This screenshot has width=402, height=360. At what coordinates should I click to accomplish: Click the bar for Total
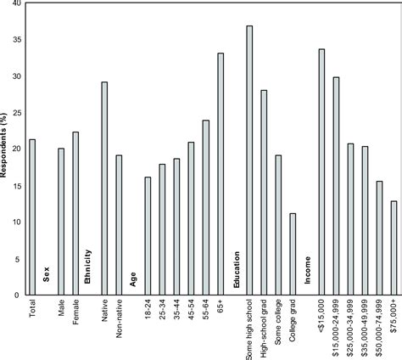pos(32,217)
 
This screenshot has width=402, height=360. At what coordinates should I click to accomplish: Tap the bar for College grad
pos(293,254)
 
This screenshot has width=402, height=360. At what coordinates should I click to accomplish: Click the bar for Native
pos(104,188)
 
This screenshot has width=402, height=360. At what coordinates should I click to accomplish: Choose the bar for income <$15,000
pos(321,172)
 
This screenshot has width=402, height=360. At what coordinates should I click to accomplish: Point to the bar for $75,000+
pos(394,247)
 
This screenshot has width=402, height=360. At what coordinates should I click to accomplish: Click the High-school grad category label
pos(264,329)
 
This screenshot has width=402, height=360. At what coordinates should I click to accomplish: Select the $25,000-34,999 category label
pos(350,331)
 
